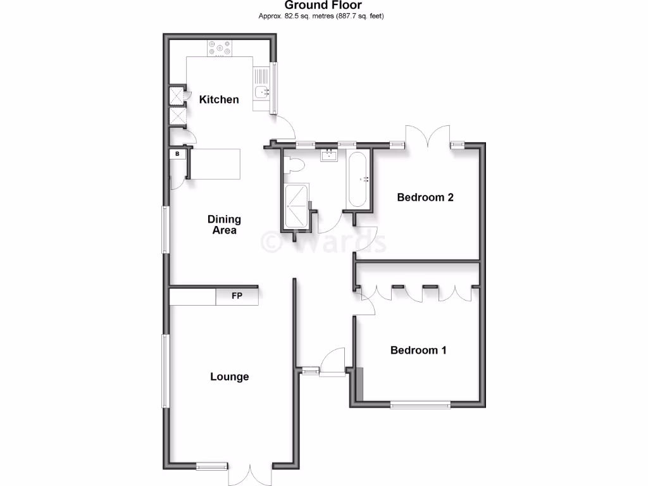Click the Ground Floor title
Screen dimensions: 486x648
[323, 6]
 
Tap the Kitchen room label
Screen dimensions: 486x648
[219, 99]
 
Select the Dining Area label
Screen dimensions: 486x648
[224, 225]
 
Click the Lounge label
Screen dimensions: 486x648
[229, 377]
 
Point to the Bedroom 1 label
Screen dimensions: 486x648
[418, 350]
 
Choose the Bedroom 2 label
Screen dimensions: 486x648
[425, 197]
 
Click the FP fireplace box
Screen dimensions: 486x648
[237, 296]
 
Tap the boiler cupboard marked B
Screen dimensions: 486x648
[178, 154]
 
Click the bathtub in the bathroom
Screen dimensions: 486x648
[358, 180]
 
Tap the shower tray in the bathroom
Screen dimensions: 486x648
[296, 206]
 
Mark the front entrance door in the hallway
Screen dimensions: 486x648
[332, 364]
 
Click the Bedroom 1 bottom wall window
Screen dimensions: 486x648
[420, 404]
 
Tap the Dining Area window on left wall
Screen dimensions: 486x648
[165, 230]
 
